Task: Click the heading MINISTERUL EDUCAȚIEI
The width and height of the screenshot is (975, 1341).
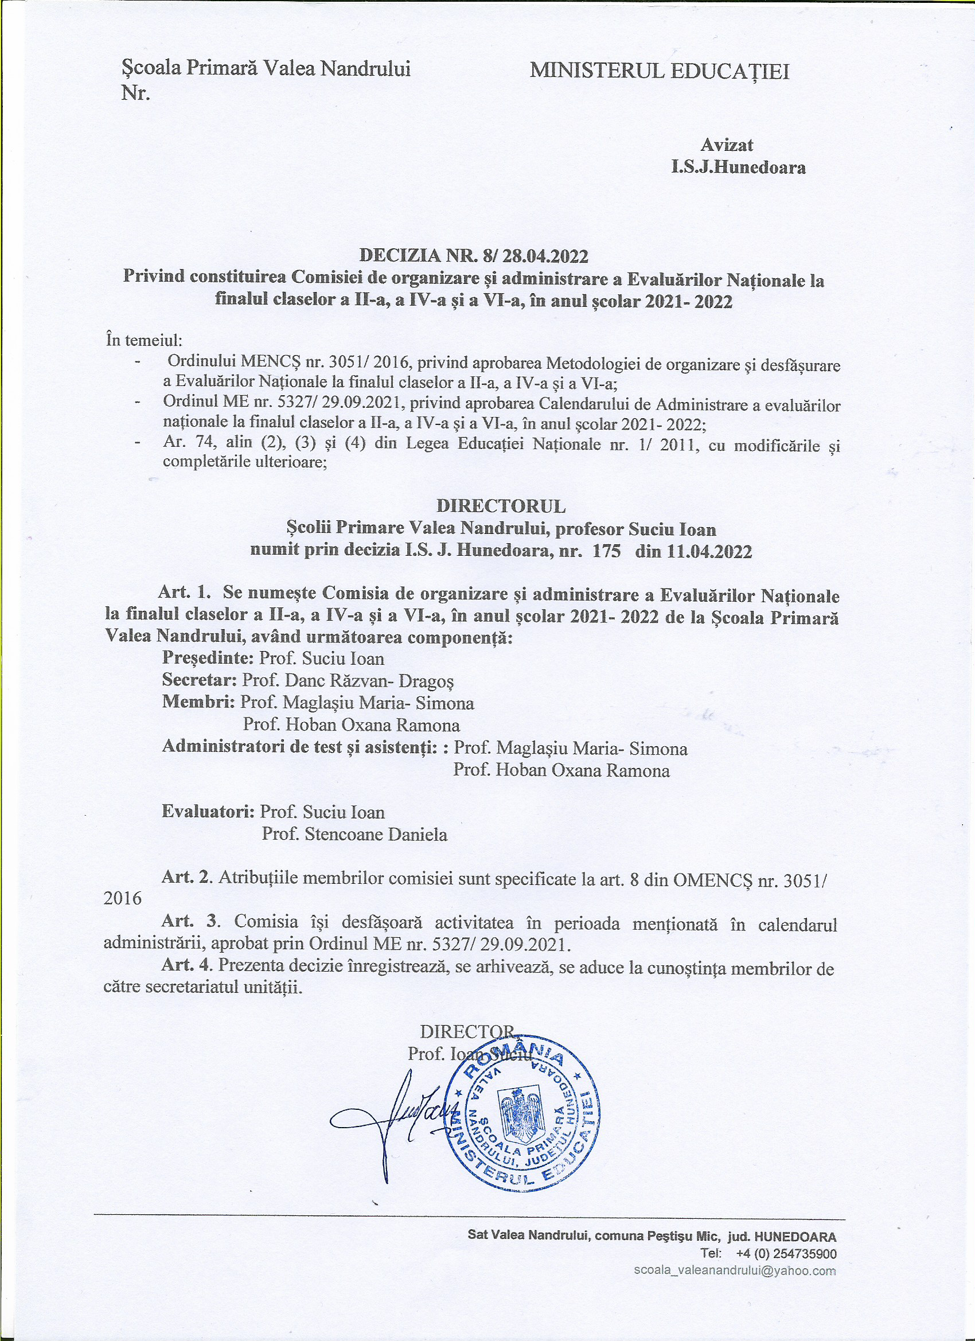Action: click(659, 72)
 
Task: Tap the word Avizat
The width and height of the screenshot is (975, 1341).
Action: click(727, 145)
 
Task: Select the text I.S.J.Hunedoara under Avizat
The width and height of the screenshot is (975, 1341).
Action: click(738, 168)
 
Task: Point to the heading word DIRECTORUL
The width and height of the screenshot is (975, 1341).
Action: click(501, 506)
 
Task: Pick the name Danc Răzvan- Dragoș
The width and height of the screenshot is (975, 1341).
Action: click(369, 681)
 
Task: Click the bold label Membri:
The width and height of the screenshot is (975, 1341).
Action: click(198, 703)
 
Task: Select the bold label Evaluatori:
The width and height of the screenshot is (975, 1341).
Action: click(208, 811)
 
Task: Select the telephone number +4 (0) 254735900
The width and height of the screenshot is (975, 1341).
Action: click(786, 1253)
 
